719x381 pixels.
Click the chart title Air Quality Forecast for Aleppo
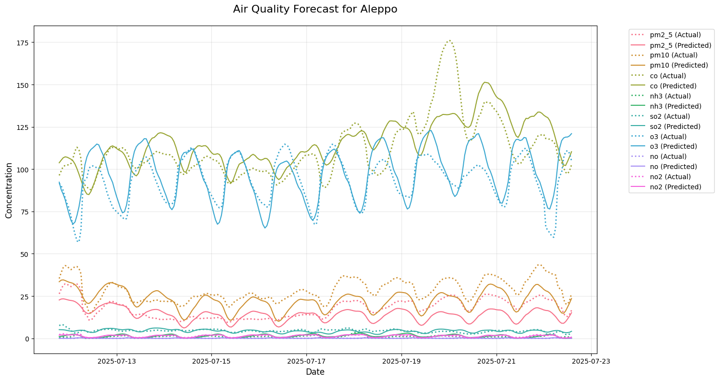coord(315,9)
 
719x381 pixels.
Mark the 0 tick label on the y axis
coord(28,339)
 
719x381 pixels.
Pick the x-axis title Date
coord(315,372)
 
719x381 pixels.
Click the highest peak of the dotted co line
coord(449,41)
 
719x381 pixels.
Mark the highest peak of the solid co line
coord(485,82)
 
